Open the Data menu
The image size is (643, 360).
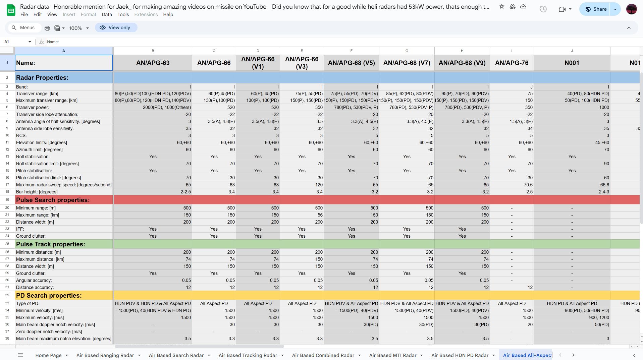click(107, 14)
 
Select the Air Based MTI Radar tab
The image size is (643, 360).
click(392, 355)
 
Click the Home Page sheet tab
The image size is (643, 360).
click(48, 355)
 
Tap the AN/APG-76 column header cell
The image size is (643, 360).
click(512, 63)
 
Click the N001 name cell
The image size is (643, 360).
click(572, 63)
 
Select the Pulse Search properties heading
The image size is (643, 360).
click(53, 200)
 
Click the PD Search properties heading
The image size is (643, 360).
click(49, 296)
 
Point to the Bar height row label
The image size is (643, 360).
click(37, 192)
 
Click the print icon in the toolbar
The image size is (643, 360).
click(47, 28)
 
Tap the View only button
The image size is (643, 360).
click(116, 28)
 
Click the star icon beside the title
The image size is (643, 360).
click(502, 7)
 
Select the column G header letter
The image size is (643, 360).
click(407, 51)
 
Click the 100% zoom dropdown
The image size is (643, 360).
click(79, 28)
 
